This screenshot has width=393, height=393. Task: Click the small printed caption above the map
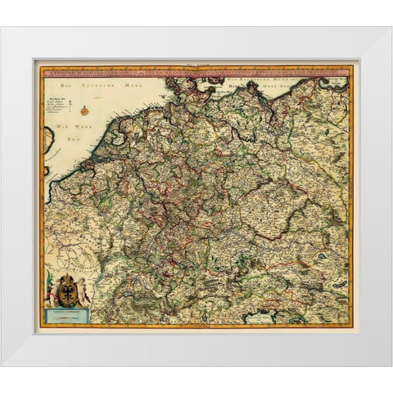pyautogui.click(x=196, y=63)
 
